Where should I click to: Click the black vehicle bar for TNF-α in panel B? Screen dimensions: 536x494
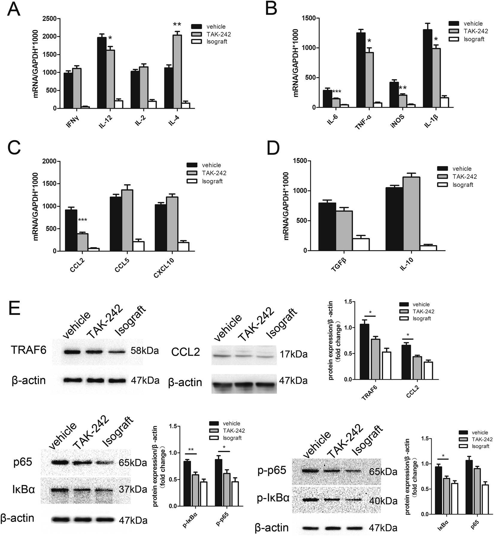360,70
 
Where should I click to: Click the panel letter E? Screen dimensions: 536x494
14,305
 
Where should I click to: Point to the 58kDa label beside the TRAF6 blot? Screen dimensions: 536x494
145,351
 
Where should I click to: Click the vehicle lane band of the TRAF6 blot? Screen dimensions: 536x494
73,352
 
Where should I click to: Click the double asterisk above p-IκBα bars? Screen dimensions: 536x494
191,450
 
